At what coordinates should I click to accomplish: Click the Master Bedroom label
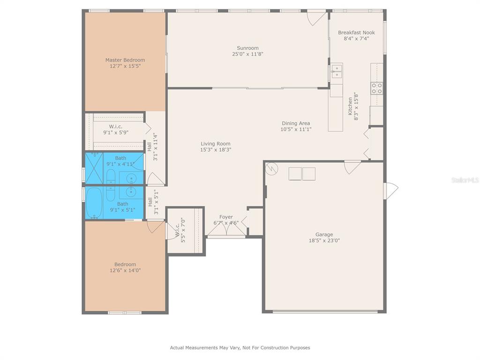pyautogui.click(x=125, y=60)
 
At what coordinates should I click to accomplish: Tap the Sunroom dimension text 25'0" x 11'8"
pyautogui.click(x=247, y=54)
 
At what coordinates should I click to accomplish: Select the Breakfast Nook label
pyautogui.click(x=356, y=32)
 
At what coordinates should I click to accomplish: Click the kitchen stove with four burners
pyautogui.click(x=377, y=88)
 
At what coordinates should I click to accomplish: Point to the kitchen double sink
pyautogui.click(x=337, y=71)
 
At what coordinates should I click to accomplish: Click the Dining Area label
pyautogui.click(x=296, y=123)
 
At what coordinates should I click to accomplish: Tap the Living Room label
pyautogui.click(x=216, y=143)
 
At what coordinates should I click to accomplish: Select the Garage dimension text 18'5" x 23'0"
pyautogui.click(x=324, y=240)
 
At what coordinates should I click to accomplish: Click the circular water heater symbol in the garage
pyautogui.click(x=271, y=168)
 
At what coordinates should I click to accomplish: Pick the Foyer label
pyautogui.click(x=226, y=217)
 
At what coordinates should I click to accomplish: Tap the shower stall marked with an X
pyautogui.click(x=94, y=168)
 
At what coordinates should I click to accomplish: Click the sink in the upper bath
pyautogui.click(x=132, y=178)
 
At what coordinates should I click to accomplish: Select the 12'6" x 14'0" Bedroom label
pyautogui.click(x=125, y=267)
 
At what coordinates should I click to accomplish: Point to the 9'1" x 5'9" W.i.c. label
pyautogui.click(x=116, y=129)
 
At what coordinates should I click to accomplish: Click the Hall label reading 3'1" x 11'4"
pyautogui.click(x=152, y=147)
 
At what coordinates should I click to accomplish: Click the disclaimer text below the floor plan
pyautogui.click(x=240, y=348)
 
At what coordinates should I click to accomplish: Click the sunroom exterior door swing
pyautogui.click(x=317, y=18)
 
